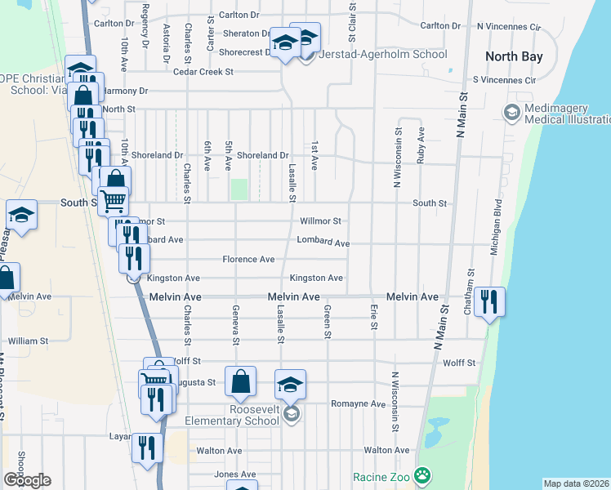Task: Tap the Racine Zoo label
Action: pyautogui.click(x=381, y=477)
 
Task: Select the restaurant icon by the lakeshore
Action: pyautogui.click(x=489, y=301)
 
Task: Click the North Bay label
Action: pyautogui.click(x=513, y=56)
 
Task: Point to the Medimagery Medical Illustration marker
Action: pyautogui.click(x=513, y=113)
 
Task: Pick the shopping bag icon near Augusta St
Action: pyautogui.click(x=241, y=381)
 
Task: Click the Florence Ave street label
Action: pyautogui.click(x=249, y=260)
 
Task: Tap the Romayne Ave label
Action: pyautogui.click(x=358, y=404)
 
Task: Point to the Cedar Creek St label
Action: pyautogui.click(x=202, y=72)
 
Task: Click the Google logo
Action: pyautogui.click(x=27, y=479)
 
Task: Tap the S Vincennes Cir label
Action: pyautogui.click(x=504, y=81)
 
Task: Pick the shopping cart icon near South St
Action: pyautogui.click(x=114, y=199)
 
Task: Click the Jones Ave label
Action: pyautogui.click(x=235, y=474)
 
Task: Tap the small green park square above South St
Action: pyautogui.click(x=239, y=189)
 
